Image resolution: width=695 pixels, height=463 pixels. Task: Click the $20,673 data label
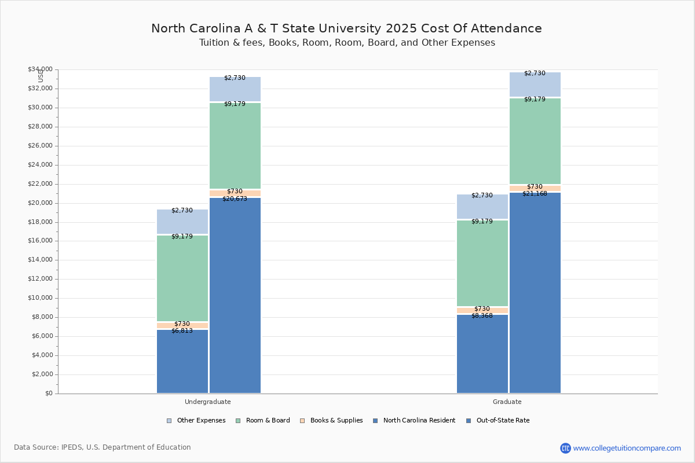click(x=235, y=199)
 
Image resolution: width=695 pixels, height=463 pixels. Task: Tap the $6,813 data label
click(x=182, y=331)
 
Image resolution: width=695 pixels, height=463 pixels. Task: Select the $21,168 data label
click(x=535, y=194)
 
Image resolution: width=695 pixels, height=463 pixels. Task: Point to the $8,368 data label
click(x=482, y=316)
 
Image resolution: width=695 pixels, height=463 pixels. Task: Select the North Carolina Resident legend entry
click(x=414, y=421)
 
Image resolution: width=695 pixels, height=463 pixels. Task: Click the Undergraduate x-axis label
click(x=208, y=402)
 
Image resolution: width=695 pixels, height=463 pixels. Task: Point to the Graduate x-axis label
click(x=507, y=402)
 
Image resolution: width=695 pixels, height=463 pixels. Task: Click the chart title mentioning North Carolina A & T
click(x=346, y=28)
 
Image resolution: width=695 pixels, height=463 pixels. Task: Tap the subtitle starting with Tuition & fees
click(x=347, y=43)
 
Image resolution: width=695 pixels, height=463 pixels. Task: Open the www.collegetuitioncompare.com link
click(x=627, y=448)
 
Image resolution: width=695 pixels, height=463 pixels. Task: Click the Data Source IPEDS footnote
click(x=103, y=447)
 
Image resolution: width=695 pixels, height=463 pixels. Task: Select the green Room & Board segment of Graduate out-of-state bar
click(x=535, y=141)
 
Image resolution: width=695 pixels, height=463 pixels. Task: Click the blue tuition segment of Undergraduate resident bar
click(x=182, y=362)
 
